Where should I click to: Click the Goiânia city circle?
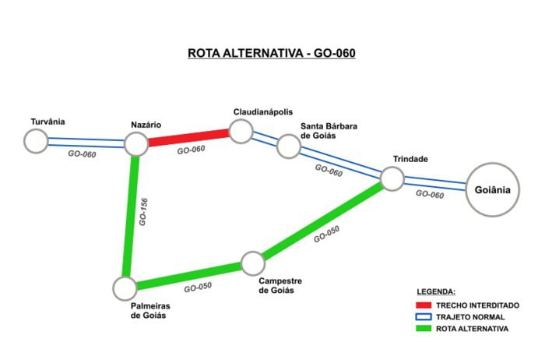pyautogui.click(x=493, y=189)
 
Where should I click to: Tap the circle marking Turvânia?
pyautogui.click(x=35, y=141)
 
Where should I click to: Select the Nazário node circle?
pyautogui.click(x=136, y=143)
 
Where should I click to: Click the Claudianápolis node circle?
pyautogui.click(x=241, y=131)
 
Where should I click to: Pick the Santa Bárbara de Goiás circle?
pyautogui.click(x=288, y=146)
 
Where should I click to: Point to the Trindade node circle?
pyautogui.click(x=392, y=179)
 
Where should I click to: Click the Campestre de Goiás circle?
pyautogui.click(x=253, y=263)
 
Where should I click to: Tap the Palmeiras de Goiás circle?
pyautogui.click(x=124, y=288)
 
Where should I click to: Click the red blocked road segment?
pyautogui.click(x=188, y=138)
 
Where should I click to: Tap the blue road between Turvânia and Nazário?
pyautogui.click(x=86, y=143)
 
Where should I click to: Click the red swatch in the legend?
pyautogui.click(x=424, y=305)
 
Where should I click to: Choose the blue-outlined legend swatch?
pyautogui.click(x=424, y=316)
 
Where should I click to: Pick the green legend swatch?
pyautogui.click(x=424, y=328)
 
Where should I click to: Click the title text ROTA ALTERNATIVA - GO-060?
pyautogui.click(x=271, y=53)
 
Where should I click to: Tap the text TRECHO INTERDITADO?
pyautogui.click(x=477, y=305)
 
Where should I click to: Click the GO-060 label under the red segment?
pyautogui.click(x=192, y=150)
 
